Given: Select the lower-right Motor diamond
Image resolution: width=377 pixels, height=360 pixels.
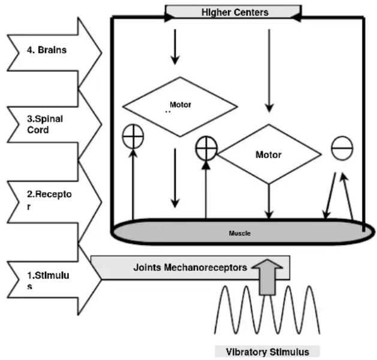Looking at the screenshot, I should coord(269,155).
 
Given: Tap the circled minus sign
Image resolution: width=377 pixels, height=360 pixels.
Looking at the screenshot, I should coord(342,149).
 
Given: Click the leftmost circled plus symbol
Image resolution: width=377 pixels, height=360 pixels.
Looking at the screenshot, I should coord(133,137).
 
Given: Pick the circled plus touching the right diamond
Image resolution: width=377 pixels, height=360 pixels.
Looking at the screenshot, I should coord(206,147).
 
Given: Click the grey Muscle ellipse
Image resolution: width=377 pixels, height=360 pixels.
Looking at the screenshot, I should coord(240,231).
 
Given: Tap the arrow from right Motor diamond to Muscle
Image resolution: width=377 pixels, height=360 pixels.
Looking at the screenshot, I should coord(270,201).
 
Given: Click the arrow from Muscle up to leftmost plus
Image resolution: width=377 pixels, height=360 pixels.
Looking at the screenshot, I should coord(133,183).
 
